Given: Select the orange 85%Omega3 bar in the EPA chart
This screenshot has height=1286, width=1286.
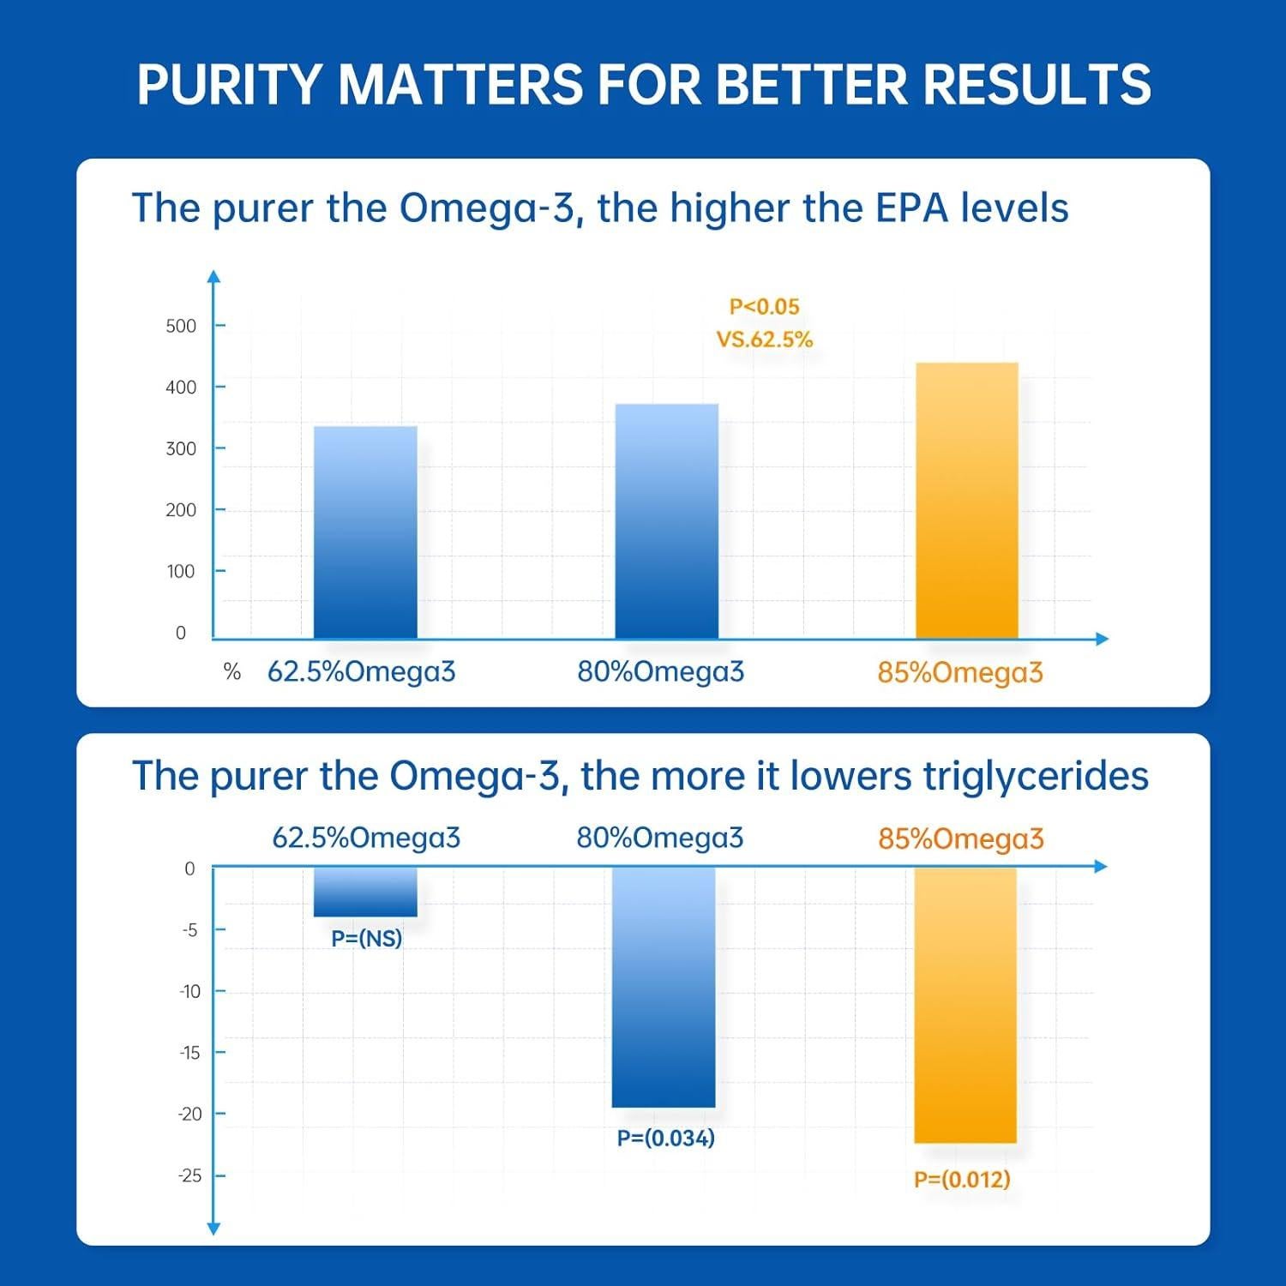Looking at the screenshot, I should tap(966, 501).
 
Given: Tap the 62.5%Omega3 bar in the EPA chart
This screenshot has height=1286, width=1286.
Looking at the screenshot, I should tap(365, 532).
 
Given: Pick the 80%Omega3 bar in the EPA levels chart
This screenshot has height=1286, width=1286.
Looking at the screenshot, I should tap(666, 521).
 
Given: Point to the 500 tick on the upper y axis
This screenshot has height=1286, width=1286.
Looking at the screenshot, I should tap(181, 326).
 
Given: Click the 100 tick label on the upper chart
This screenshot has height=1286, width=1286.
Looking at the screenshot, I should tap(181, 572).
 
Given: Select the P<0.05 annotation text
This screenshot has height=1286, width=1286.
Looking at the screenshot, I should tap(764, 307).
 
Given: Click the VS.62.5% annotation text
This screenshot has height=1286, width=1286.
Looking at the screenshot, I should tap(764, 340).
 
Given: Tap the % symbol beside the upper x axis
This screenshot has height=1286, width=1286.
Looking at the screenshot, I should tap(231, 672).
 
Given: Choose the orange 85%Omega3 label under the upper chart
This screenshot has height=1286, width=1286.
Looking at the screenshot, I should tap(959, 673).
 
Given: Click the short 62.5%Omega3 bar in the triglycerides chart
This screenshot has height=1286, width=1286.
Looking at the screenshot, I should tap(365, 892).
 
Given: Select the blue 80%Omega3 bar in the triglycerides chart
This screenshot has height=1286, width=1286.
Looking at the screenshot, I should tap(664, 987).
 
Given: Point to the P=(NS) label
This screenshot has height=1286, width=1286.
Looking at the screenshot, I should tap(366, 939).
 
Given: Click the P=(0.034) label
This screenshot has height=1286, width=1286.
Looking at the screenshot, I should tap(665, 1139).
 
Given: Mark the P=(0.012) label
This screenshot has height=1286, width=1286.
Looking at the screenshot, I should tap(962, 1180).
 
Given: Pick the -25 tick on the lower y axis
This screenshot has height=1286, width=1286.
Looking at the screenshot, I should tap(189, 1175).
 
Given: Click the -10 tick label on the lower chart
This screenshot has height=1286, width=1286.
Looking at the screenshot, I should tap(189, 992).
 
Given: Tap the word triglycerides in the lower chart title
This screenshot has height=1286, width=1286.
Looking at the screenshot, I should tap(1035, 777).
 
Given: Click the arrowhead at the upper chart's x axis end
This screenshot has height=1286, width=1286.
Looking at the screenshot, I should tap(1102, 639).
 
